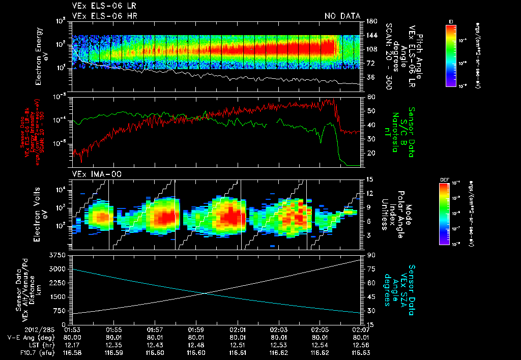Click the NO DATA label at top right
342,16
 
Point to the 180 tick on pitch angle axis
371,21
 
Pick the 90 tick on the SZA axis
371,254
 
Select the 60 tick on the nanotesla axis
371,97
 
